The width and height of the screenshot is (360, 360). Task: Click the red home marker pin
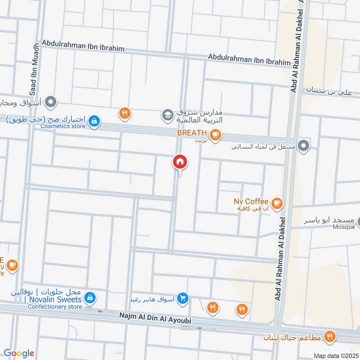180,162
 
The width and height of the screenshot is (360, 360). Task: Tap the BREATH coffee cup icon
215,134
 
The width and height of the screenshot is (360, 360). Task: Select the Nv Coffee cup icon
277,203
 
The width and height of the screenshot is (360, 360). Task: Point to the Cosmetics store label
63,126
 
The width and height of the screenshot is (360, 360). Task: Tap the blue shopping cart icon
182,298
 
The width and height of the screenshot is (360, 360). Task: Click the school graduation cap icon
168,115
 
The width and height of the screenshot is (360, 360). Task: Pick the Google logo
19,353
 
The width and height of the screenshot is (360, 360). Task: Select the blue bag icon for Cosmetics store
94,121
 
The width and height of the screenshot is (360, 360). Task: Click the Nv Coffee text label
251,201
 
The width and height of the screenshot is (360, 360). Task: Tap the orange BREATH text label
191,133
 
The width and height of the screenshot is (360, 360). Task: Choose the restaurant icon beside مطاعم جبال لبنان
331,336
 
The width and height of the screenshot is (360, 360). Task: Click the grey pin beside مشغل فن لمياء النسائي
304,145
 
